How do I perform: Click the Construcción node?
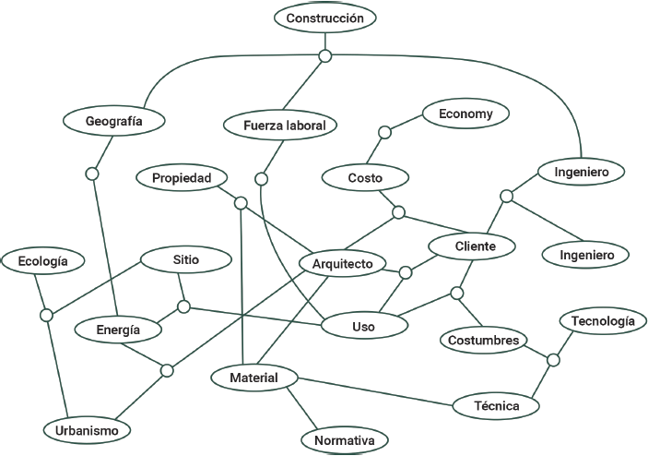324,18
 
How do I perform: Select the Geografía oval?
112,121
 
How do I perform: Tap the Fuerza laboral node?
278,125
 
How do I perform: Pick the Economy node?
465,114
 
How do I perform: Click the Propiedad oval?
182,177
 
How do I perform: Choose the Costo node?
365,177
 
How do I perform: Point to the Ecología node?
42,262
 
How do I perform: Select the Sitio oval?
185,260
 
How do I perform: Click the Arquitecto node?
342,264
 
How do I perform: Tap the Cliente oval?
475,246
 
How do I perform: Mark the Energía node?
119,330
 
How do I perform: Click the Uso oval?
363,326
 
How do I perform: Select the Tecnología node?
602,321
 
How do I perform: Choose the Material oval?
253,378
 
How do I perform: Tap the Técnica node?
496,405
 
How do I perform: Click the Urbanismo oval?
87,430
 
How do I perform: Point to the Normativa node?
344,441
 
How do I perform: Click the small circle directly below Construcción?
324,56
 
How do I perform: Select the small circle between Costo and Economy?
386,133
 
